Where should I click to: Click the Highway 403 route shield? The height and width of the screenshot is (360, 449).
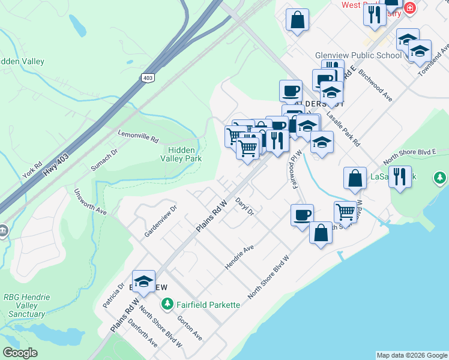coord(147,77)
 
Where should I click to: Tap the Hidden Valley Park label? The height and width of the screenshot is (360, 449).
coord(184,154)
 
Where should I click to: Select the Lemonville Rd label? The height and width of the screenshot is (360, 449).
coord(138,136)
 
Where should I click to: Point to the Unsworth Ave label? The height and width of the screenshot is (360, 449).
coord(89,202)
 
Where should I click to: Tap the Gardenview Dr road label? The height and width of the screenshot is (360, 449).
coord(160,220)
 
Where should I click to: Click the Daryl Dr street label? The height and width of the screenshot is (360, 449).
coord(245,206)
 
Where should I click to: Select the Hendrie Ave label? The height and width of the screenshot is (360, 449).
coord(240,256)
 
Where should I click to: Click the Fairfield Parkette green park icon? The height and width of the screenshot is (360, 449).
coord(169,305)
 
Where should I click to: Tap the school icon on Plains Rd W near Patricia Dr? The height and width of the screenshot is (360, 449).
coord(143,281)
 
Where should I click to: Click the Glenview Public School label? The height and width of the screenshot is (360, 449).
coord(358,55)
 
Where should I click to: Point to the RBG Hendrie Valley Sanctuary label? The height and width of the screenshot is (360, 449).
coord(27,305)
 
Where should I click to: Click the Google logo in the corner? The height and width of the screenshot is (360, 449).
coord(20,352)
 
